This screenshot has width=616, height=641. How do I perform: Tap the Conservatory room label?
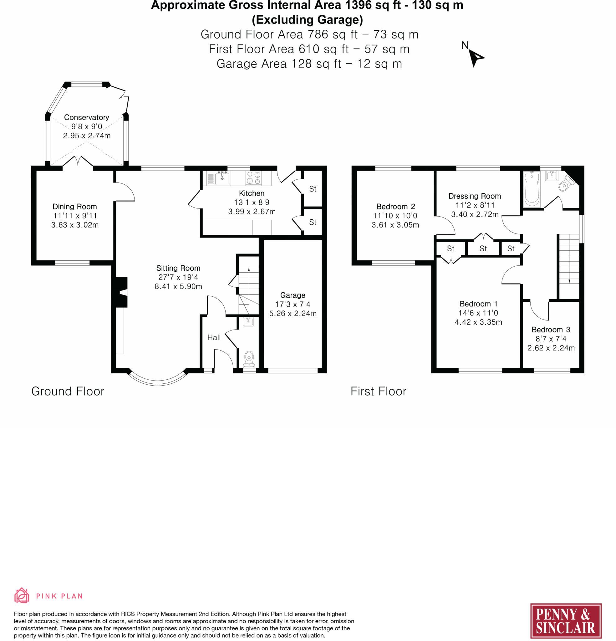[86, 117]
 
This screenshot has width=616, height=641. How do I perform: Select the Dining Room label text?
[74, 207]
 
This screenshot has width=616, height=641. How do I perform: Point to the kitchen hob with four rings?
[253, 178]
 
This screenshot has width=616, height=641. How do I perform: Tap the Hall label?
[214, 337]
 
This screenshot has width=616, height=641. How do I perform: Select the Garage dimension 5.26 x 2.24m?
[293, 314]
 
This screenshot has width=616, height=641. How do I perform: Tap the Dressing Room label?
[474, 196]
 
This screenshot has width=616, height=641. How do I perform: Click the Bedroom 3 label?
[551, 330]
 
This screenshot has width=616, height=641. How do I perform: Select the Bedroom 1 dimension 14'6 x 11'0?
[478, 313]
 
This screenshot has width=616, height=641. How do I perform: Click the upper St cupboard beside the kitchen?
[313, 189]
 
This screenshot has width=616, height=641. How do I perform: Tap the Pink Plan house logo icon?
[22, 596]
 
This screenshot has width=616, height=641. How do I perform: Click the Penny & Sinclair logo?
[566, 621]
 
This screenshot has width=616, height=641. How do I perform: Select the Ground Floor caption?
[68, 392]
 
